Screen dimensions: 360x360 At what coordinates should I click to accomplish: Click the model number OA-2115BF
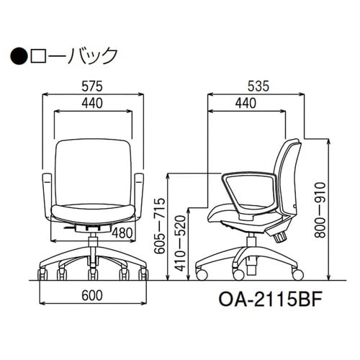261,297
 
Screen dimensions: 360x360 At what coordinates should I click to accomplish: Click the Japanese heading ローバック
72,55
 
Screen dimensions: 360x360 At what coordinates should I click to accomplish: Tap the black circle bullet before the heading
19,55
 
